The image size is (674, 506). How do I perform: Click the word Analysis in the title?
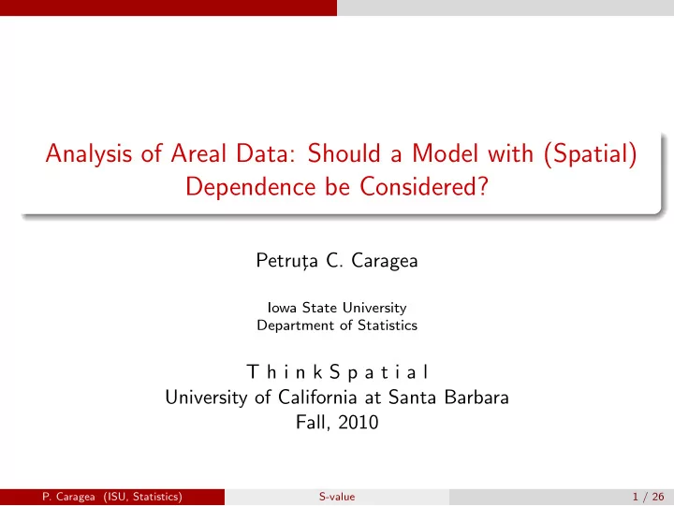[x=89, y=154]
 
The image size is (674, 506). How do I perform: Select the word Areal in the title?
[x=198, y=152]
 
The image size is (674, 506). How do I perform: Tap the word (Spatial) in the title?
[x=591, y=153]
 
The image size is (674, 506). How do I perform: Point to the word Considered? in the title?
[x=424, y=186]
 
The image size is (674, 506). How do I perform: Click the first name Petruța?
[x=286, y=261]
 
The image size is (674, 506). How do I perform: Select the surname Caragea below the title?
[x=385, y=261]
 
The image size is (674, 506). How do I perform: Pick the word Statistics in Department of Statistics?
[x=388, y=325]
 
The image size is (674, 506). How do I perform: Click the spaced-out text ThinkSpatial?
[x=337, y=372]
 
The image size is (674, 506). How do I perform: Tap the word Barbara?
[x=476, y=398]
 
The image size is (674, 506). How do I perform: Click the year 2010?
[x=358, y=422]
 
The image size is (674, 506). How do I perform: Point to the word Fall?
[x=313, y=423]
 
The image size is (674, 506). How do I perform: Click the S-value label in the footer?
[x=337, y=497]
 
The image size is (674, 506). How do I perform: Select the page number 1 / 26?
[x=648, y=497]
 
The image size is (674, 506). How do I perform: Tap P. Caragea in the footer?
[x=68, y=497]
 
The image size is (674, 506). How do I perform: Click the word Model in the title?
[x=445, y=152]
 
